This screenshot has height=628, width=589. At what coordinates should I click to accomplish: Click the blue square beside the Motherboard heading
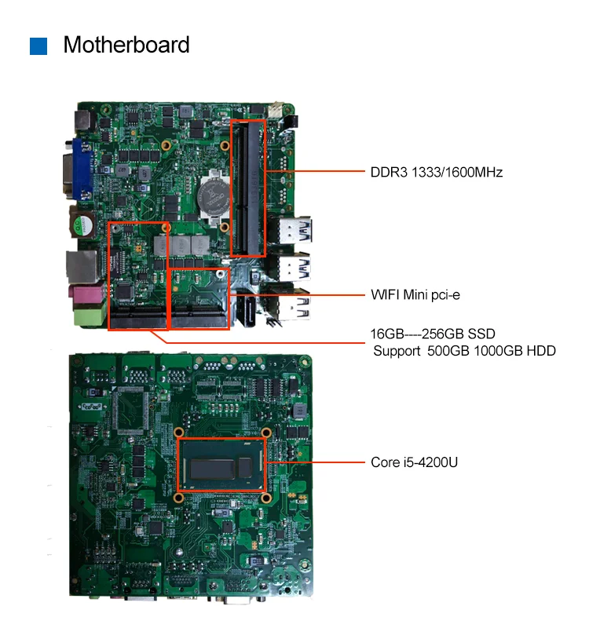point(38,46)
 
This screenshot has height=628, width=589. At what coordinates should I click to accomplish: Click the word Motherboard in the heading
point(126,45)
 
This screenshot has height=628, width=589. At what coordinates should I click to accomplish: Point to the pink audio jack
point(81,294)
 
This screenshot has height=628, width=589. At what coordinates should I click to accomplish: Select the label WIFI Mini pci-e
point(415,295)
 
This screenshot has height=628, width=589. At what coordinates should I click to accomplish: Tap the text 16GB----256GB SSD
point(433,334)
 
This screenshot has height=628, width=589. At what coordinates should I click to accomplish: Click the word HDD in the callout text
point(540,351)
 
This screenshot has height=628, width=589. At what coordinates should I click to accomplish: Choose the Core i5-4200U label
point(414,462)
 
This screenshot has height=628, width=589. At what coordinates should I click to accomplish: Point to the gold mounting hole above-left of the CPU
point(180,433)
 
